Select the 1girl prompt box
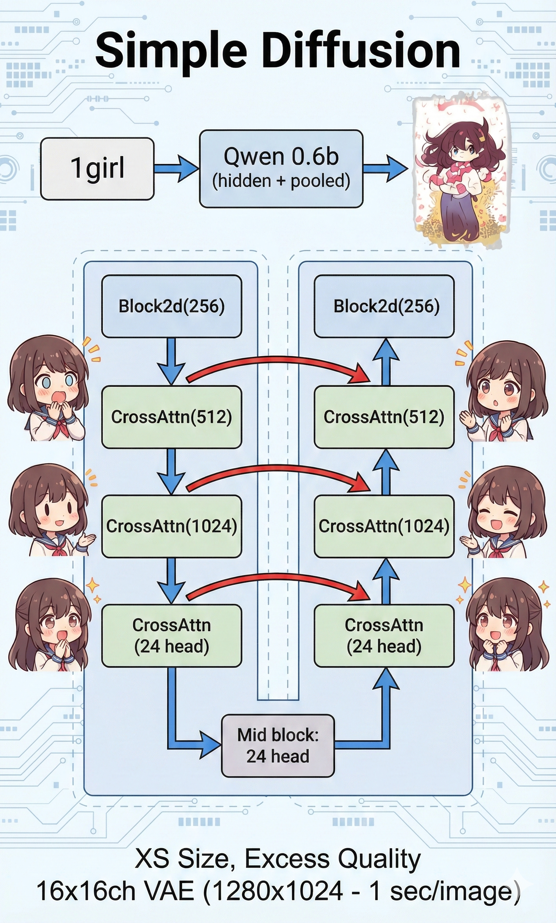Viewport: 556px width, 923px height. tap(97, 169)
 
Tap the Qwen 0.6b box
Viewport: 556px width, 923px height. tap(281, 168)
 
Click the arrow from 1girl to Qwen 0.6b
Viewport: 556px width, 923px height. tap(176, 169)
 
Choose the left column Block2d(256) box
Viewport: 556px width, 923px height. tap(172, 306)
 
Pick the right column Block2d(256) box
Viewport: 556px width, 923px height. tap(384, 306)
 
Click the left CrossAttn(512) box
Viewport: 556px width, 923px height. tap(172, 417)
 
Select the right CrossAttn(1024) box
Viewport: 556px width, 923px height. tap(384, 526)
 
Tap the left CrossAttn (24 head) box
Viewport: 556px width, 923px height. tap(172, 636)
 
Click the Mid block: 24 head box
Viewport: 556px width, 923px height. tap(278, 745)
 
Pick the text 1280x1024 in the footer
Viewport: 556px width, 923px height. tap(273, 891)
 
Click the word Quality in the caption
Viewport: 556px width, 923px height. tap(379, 859)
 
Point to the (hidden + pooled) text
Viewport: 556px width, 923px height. tap(281, 181)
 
